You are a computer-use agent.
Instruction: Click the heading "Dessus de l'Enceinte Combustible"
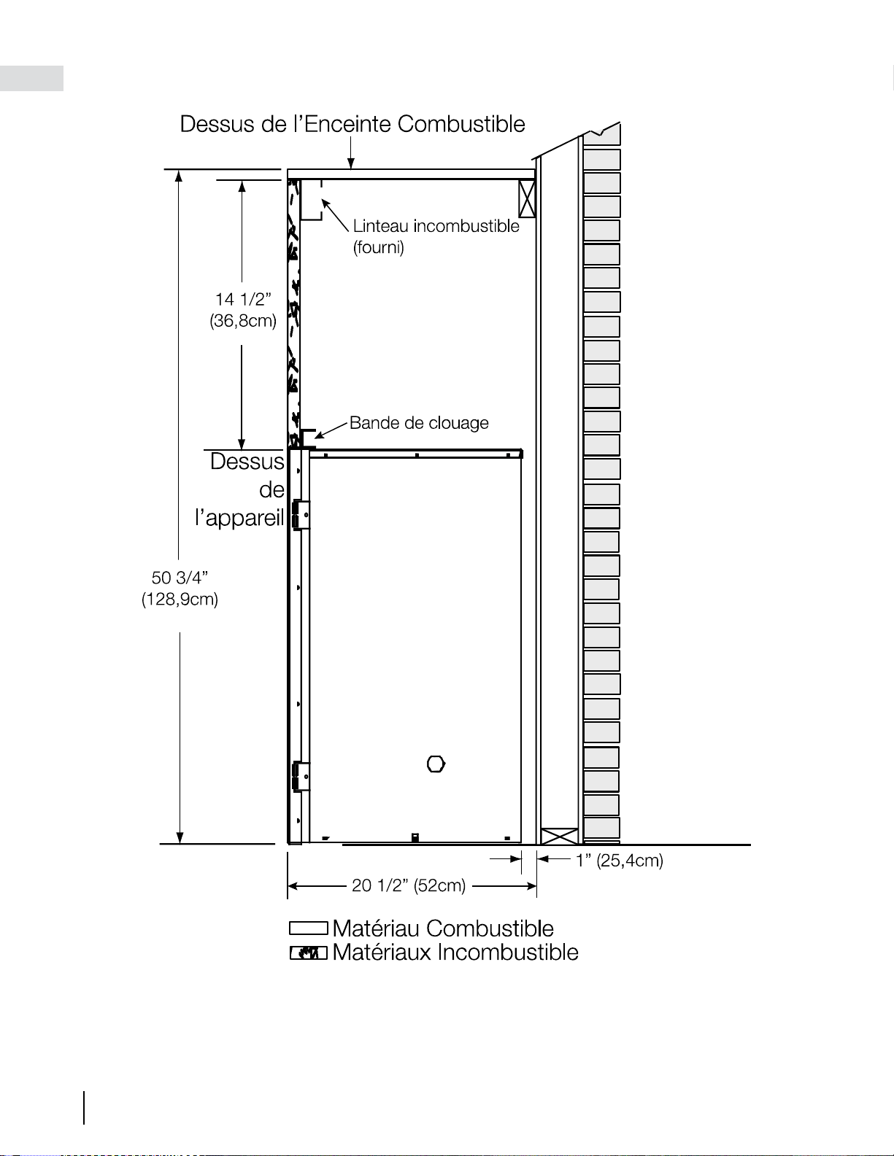(352, 124)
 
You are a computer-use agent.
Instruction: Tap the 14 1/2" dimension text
(243, 300)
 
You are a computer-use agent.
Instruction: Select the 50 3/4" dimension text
(180, 577)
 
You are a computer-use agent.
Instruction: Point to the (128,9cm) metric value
(180, 600)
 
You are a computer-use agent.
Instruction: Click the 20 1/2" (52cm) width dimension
(409, 885)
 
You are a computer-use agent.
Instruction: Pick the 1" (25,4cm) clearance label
(620, 860)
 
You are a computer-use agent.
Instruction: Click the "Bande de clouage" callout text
(419, 423)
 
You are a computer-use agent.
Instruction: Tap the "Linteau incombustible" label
(436, 226)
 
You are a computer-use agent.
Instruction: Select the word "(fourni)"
(378, 248)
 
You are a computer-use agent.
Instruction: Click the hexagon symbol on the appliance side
(436, 764)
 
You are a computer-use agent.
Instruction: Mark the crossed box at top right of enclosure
(527, 198)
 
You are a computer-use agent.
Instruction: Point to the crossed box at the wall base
(559, 836)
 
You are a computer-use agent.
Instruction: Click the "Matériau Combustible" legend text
(443, 928)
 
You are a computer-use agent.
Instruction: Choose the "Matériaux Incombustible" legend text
(455, 953)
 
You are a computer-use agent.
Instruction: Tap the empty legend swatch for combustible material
(309, 928)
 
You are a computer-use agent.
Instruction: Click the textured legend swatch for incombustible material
(309, 953)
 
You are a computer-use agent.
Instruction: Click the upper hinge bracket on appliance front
(301, 515)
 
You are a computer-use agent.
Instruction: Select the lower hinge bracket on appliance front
(301, 776)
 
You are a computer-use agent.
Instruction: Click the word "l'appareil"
(239, 518)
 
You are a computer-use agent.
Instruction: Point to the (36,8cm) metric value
(243, 321)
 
